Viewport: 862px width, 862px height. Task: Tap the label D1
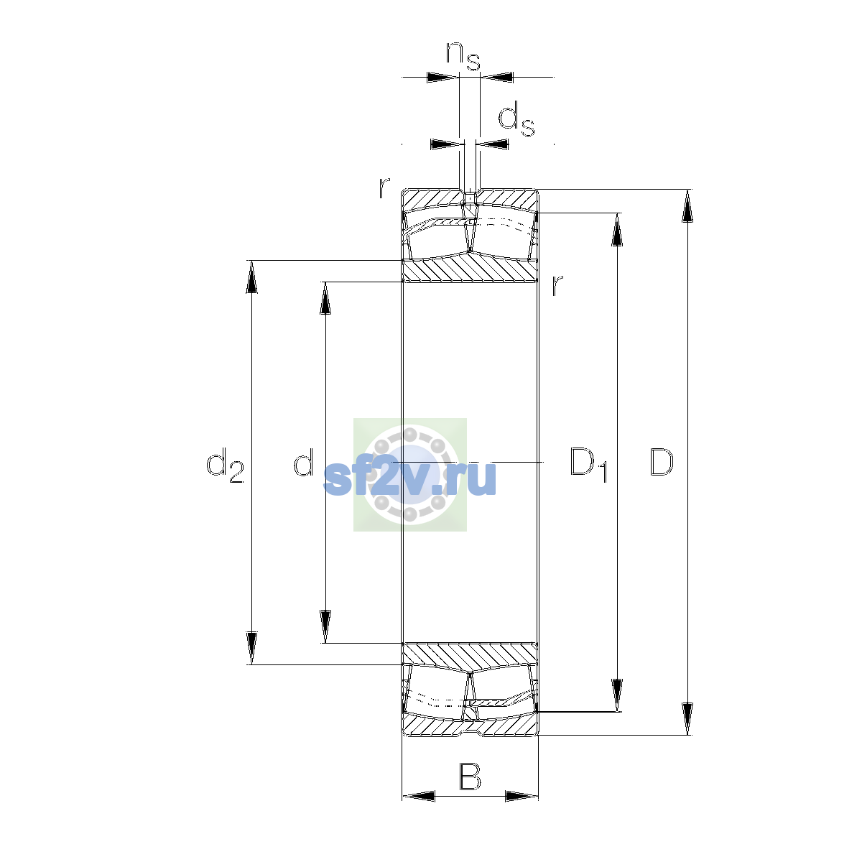(589, 464)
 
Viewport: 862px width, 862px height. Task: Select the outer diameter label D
(661, 462)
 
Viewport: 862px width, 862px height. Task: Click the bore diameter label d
(304, 462)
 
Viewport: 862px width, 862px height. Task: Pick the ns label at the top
(463, 56)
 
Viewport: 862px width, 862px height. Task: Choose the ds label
(516, 119)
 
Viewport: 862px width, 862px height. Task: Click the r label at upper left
(384, 187)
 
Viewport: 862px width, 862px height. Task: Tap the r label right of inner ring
(557, 285)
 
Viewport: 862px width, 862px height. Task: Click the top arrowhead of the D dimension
(687, 205)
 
